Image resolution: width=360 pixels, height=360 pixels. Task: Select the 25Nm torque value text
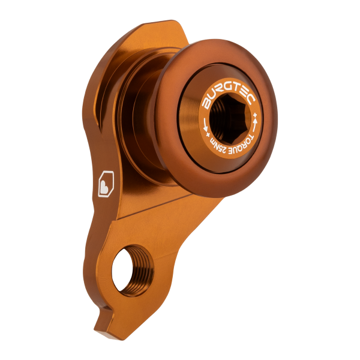219,145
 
